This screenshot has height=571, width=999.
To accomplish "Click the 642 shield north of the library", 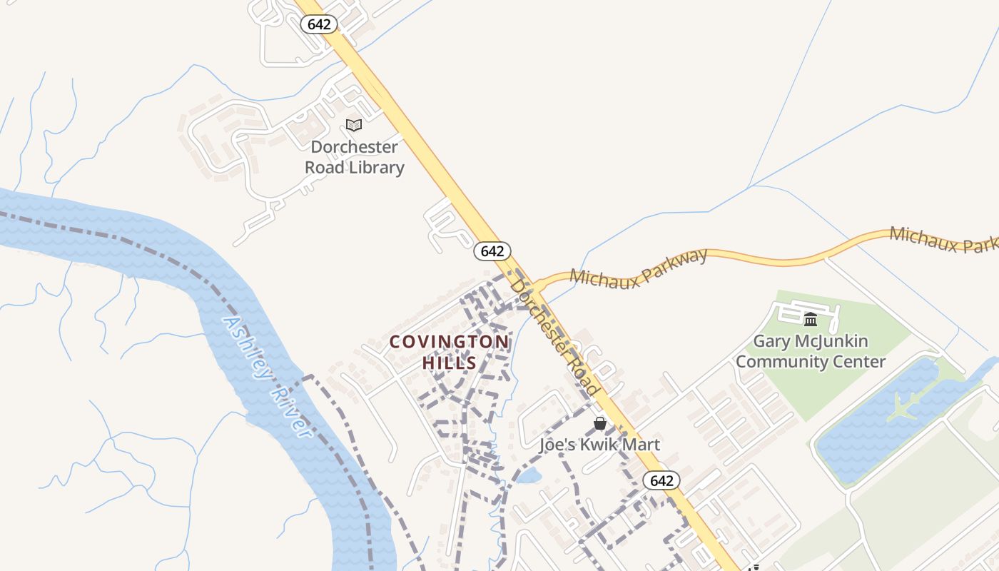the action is [318, 24].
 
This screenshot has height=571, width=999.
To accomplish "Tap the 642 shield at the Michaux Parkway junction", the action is [492, 251].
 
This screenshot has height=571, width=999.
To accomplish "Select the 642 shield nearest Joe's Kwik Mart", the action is [661, 480].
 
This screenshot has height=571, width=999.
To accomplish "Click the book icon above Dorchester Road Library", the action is [354, 125].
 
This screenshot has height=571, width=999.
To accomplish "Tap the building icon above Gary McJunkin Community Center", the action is [810, 319].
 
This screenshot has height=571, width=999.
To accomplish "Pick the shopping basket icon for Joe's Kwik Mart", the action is [600, 423].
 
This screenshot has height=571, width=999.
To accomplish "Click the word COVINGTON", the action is [450, 342].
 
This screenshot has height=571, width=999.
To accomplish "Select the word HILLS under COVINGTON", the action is [450, 363].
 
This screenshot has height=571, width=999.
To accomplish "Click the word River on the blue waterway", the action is [293, 414].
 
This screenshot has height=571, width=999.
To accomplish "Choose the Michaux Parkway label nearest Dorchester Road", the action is [639, 267].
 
